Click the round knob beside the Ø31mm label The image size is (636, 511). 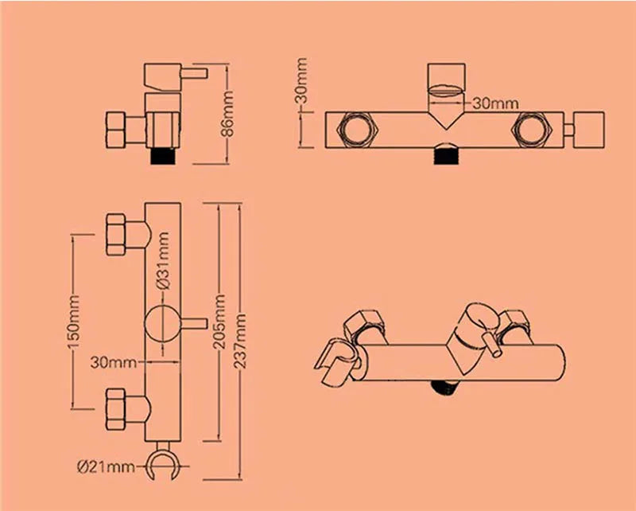tap(162, 324)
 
